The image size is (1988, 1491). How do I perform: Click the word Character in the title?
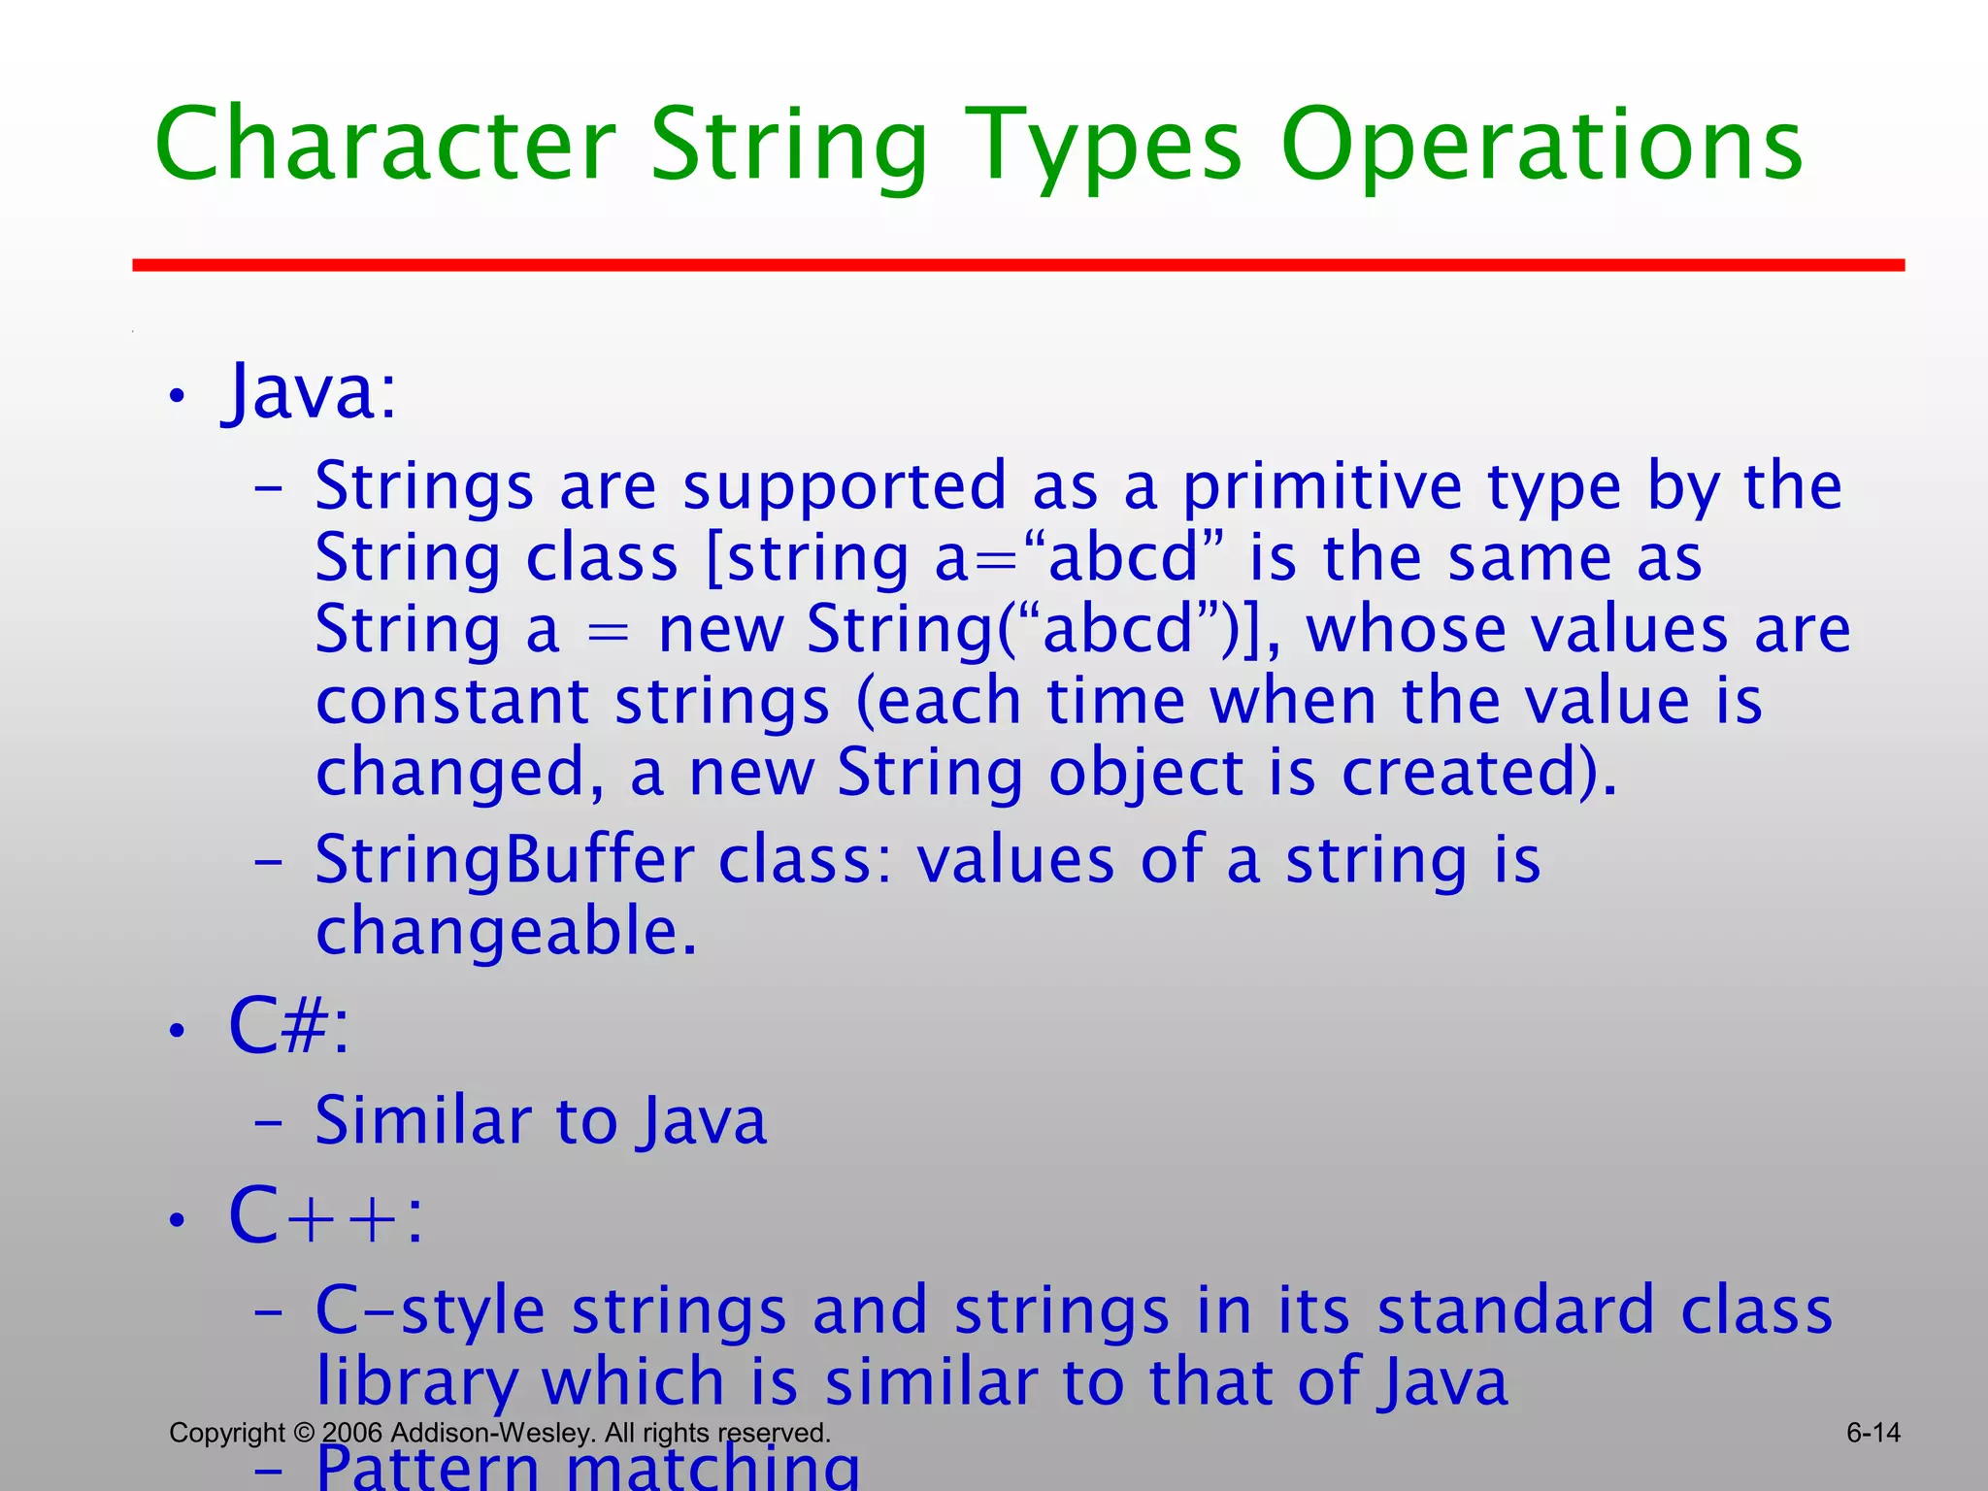385,146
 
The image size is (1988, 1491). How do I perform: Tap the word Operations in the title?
1541,146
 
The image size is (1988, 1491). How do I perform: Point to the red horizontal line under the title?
1018,265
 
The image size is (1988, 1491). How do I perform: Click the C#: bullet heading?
288,1026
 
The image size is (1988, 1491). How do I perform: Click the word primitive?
1321,486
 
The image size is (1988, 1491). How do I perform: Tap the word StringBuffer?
505,861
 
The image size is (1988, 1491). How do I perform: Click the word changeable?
506,933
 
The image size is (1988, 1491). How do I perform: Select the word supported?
845,488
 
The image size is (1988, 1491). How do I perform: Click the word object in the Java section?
1145,774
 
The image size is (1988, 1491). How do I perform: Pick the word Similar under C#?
422,1121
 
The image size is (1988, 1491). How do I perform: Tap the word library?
417,1383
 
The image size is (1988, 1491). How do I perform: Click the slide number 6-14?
1872,1433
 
